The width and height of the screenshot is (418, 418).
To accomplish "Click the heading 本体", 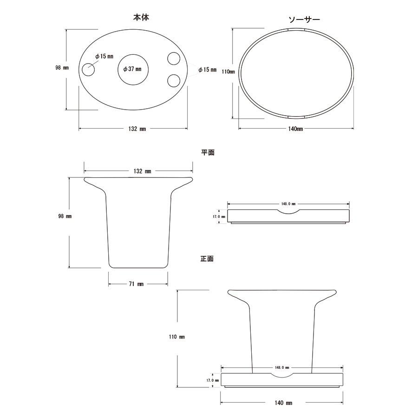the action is click(141, 18).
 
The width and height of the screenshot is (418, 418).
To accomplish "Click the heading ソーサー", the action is click(304, 20).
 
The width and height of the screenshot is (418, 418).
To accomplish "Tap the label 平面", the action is click(208, 152).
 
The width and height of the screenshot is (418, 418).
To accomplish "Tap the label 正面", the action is click(207, 259).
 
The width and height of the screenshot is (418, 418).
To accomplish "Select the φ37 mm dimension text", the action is click(132, 69).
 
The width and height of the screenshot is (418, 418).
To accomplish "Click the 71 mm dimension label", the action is click(136, 284).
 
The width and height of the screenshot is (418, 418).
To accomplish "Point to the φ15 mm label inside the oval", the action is click(104, 56).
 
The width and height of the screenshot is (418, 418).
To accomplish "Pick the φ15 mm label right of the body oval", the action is click(208, 70).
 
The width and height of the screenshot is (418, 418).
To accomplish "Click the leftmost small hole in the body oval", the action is click(88, 70).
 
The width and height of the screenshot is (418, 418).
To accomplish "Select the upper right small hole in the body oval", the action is click(174, 59).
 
